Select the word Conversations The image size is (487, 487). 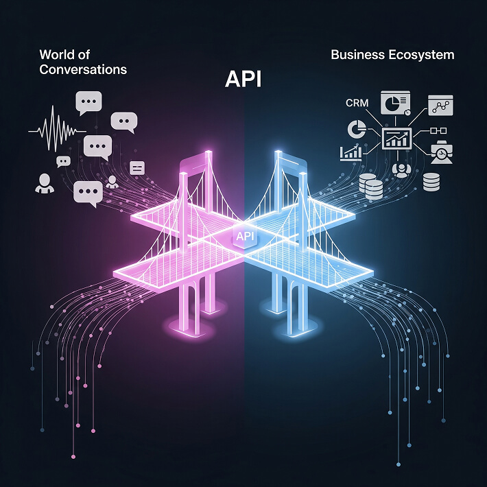[x=84, y=69]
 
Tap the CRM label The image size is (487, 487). [x=357, y=104]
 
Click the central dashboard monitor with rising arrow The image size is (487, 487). [x=396, y=139]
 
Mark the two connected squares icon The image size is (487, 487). [x=437, y=130]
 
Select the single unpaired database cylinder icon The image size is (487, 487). [x=431, y=182]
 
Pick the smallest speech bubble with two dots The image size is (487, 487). [x=64, y=162]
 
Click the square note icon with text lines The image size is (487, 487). [x=136, y=167]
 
